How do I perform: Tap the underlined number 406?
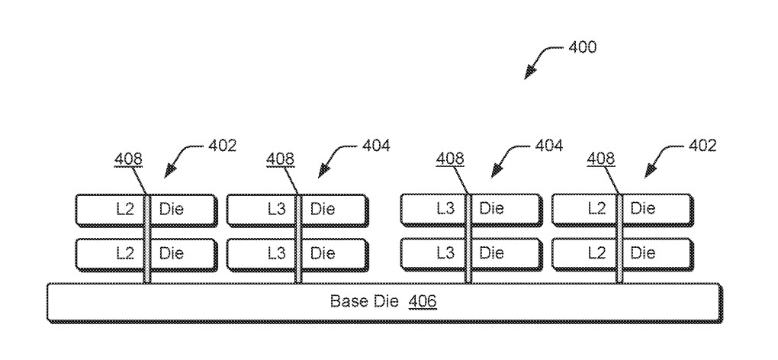coord(423,301)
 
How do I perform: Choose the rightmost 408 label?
coord(602,159)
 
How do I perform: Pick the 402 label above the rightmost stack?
coord(702,146)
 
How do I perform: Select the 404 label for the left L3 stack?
coord(374,146)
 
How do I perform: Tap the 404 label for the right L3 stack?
coord(547,146)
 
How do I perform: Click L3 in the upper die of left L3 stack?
coord(277,208)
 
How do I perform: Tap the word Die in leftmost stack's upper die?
coord(172,208)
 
